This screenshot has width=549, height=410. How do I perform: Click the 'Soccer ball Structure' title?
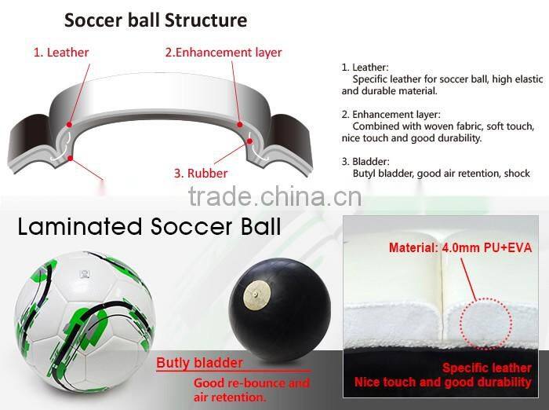(x=155, y=20)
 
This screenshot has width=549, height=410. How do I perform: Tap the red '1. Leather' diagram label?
(x=61, y=53)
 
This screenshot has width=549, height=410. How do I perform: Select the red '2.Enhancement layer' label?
(x=223, y=53)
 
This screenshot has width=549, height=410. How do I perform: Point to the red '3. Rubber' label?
(x=202, y=173)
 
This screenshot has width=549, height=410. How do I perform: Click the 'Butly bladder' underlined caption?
(x=199, y=363)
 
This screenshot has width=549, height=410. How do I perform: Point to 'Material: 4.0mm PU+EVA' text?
(x=460, y=248)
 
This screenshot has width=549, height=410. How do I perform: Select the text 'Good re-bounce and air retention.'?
(x=251, y=390)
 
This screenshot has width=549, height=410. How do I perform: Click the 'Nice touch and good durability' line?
(x=442, y=383)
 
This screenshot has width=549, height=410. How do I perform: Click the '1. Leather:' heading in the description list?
(x=365, y=68)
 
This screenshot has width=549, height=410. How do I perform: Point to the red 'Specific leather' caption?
(x=486, y=368)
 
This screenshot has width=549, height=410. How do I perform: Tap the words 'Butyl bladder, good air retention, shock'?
(x=442, y=174)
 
